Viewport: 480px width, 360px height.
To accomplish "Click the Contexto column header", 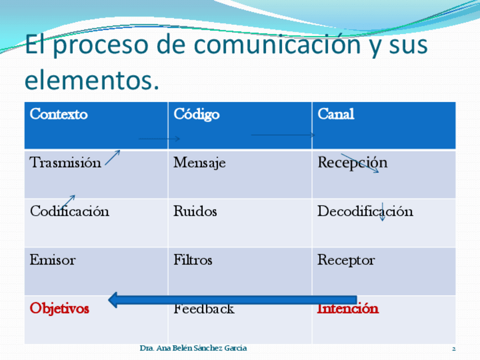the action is (59, 114).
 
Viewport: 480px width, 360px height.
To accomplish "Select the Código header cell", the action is (196, 115).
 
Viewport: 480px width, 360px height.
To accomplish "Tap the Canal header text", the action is (336, 114).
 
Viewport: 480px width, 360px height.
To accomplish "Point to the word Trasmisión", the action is (65, 162).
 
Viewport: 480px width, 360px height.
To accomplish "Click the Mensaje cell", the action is (200, 163).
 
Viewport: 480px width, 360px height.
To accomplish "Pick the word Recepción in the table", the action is (352, 163).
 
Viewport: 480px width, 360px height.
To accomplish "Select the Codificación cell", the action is (70, 211).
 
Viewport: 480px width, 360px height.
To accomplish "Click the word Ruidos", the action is (195, 211).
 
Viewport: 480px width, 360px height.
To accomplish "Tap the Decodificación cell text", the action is (365, 211).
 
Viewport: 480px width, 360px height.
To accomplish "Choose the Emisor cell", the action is (53, 260).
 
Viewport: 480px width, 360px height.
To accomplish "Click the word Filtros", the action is (193, 260).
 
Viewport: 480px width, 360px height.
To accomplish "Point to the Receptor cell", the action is (346, 260).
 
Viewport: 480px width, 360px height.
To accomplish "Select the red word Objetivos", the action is (59, 308).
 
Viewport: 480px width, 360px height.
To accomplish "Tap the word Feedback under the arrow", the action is (204, 309).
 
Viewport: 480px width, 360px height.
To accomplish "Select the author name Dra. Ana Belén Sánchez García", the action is (193, 348).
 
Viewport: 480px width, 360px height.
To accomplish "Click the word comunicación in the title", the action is (277, 44).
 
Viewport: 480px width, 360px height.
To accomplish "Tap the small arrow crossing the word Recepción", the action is (359, 163).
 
